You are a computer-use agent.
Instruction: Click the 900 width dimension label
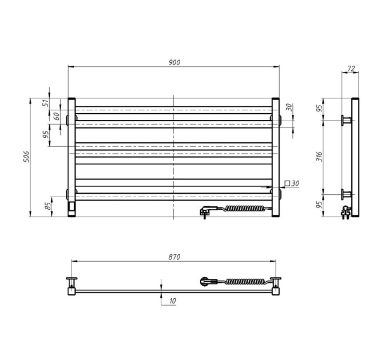[x=174, y=62]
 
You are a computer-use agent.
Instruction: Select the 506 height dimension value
[x=26, y=157]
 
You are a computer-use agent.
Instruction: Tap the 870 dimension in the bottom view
[x=174, y=257]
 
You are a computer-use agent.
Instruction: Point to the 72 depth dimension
[x=351, y=69]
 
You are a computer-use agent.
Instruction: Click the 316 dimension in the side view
[x=319, y=157]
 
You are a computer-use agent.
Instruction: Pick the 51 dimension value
[x=46, y=103]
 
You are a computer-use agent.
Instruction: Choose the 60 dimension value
[x=57, y=116]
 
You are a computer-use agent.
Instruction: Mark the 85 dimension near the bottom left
[x=48, y=206]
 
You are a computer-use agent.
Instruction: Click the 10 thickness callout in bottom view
[x=172, y=301]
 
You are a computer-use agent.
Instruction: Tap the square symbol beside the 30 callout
[x=288, y=183]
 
